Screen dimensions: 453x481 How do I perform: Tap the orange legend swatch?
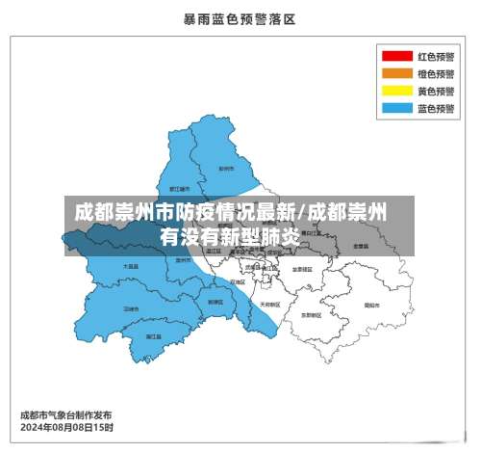(x=395, y=74)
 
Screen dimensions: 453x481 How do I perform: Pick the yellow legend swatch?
(x=395, y=92)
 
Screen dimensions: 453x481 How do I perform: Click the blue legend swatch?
(x=395, y=109)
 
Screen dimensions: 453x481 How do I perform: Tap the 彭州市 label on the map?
(x=227, y=168)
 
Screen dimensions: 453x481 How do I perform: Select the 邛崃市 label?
(x=131, y=308)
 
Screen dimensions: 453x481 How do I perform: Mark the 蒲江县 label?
(x=153, y=336)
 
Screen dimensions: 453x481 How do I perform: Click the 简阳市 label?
(x=370, y=304)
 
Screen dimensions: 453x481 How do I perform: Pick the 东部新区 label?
(x=311, y=314)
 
